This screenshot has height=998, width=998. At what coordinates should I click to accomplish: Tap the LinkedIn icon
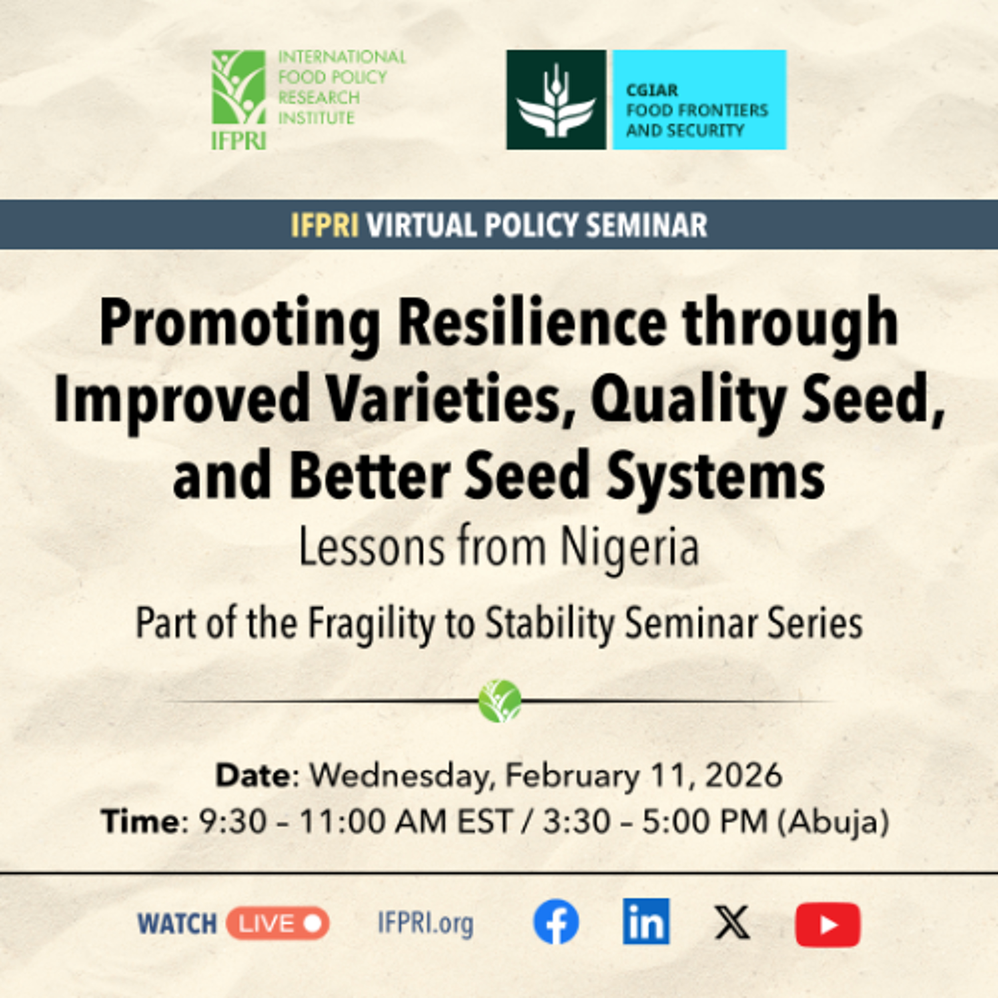pyautogui.click(x=646, y=921)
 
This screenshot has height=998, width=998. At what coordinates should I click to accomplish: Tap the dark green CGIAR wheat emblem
pyautogui.click(x=556, y=100)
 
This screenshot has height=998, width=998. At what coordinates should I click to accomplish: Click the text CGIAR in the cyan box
pyautogui.click(x=651, y=90)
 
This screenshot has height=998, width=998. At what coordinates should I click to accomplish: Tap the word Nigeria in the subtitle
pyautogui.click(x=630, y=548)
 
